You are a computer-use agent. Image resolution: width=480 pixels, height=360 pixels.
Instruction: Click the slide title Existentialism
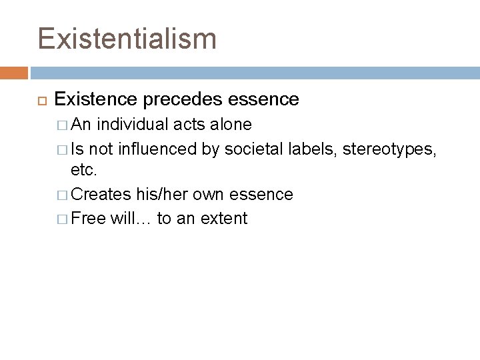pyautogui.click(x=127, y=39)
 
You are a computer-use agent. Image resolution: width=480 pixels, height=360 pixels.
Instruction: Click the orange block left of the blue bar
pyautogui.click(x=14, y=72)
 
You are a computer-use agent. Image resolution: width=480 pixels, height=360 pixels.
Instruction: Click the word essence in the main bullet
pyautogui.click(x=263, y=100)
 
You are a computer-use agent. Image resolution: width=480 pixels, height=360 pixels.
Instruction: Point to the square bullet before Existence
pyautogui.click(x=40, y=101)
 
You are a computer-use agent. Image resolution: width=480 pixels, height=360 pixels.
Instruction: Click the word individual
pyautogui.click(x=131, y=125)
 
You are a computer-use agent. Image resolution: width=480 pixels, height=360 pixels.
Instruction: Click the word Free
pyautogui.click(x=88, y=218)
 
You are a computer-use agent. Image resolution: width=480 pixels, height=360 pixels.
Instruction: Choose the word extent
pyautogui.click(x=224, y=218)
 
